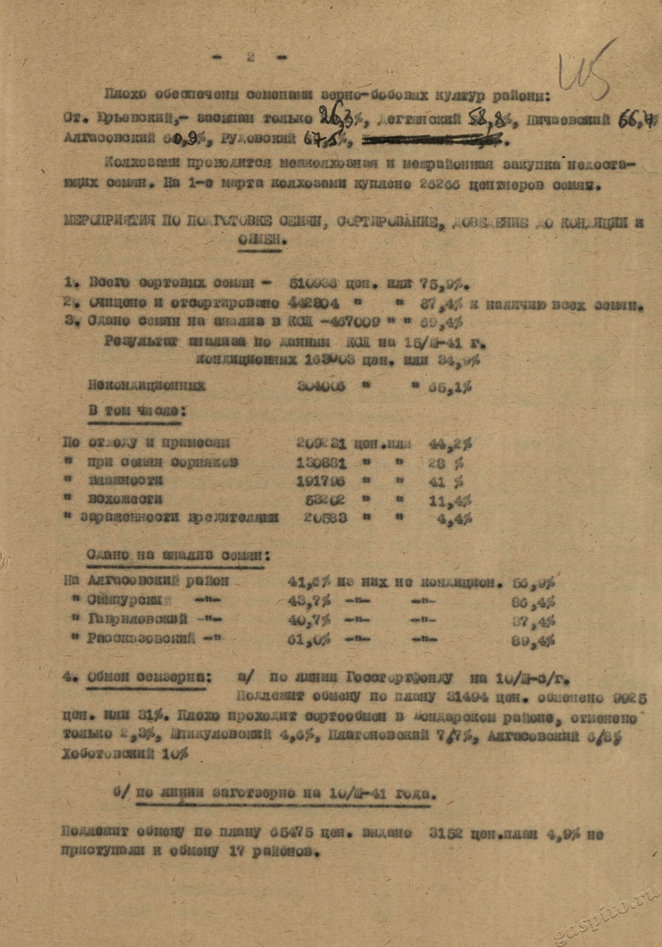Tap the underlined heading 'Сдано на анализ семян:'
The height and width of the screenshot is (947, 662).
[178, 557]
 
